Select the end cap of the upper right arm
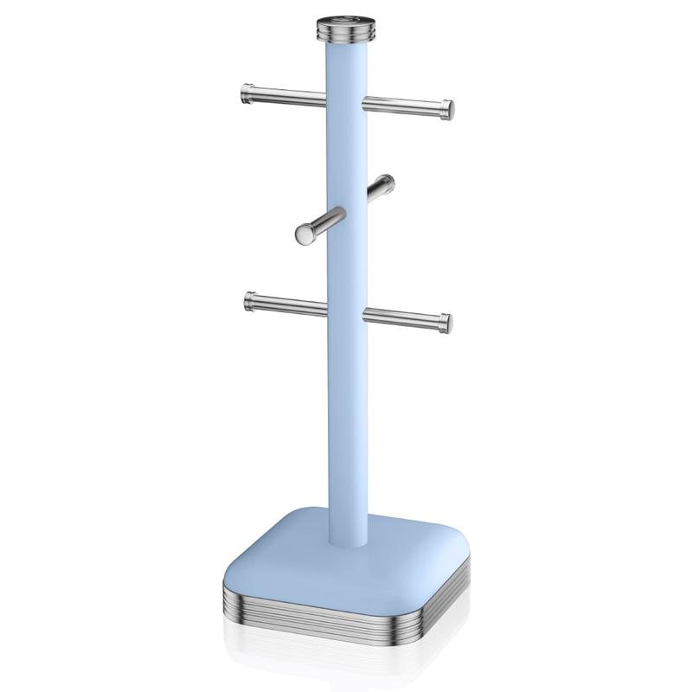448,108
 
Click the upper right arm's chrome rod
402,106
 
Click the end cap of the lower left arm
250,300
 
